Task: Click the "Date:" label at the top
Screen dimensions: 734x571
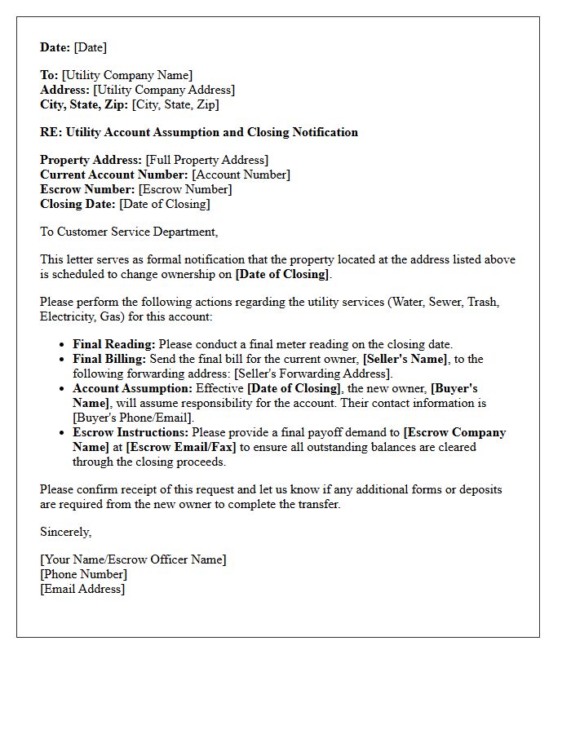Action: [55, 47]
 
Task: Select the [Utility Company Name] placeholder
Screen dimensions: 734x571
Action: [126, 75]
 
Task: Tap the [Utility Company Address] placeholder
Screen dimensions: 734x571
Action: [164, 90]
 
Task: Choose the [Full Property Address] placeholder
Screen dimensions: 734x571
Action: [206, 160]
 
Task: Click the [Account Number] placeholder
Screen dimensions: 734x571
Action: [241, 175]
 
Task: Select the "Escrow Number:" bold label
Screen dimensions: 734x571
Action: [87, 189]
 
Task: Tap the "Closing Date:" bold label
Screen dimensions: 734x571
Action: [77, 204]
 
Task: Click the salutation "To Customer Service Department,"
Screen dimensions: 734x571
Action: [129, 232]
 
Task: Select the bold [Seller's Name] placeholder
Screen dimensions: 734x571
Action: [405, 359]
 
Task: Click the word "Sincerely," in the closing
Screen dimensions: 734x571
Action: [66, 532]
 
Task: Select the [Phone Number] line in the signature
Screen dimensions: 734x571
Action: [83, 574]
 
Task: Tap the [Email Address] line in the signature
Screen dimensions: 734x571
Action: [82, 589]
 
